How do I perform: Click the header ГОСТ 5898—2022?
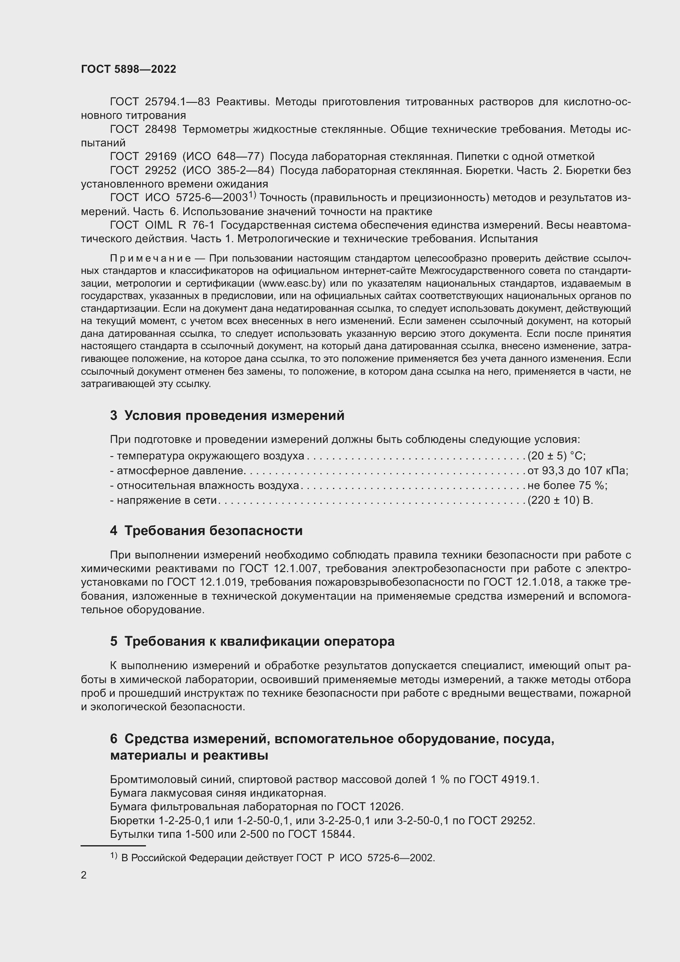point(128,69)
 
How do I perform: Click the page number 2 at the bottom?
point(84,875)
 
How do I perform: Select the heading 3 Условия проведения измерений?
point(227,416)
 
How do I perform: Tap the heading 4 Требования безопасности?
point(206,531)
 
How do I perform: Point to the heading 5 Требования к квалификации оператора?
point(252,642)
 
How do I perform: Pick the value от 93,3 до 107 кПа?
point(577,471)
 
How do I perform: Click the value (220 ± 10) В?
point(560,500)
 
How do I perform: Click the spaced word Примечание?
point(150,258)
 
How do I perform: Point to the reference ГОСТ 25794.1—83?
point(160,102)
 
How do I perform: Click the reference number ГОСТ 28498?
point(143,129)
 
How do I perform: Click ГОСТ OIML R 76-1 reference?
point(162,225)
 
